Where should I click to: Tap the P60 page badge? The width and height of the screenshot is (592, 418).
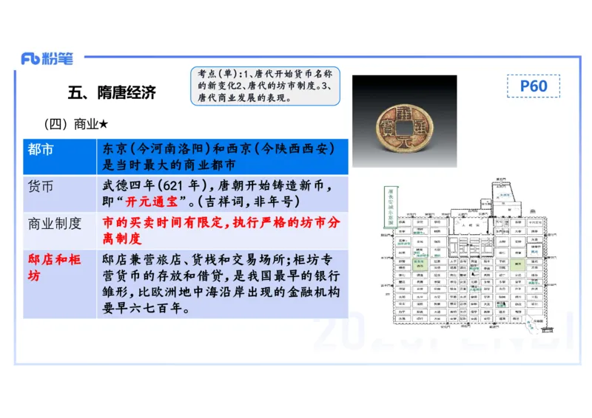(x=533, y=86)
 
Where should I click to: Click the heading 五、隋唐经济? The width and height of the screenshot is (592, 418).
(x=112, y=93)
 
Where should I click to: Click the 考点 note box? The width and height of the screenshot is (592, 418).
(x=265, y=86)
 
